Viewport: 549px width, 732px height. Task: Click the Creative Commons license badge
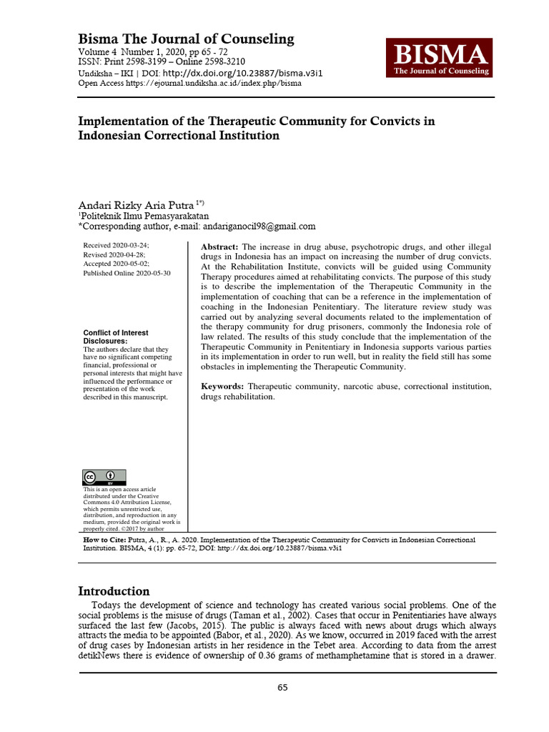tap(104, 478)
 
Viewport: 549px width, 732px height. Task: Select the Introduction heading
tap(114, 591)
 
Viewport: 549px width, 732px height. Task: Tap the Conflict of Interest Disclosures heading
tap(116, 337)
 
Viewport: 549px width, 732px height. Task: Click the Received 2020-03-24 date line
tap(117, 245)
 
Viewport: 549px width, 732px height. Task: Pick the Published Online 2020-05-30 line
tap(127, 273)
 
